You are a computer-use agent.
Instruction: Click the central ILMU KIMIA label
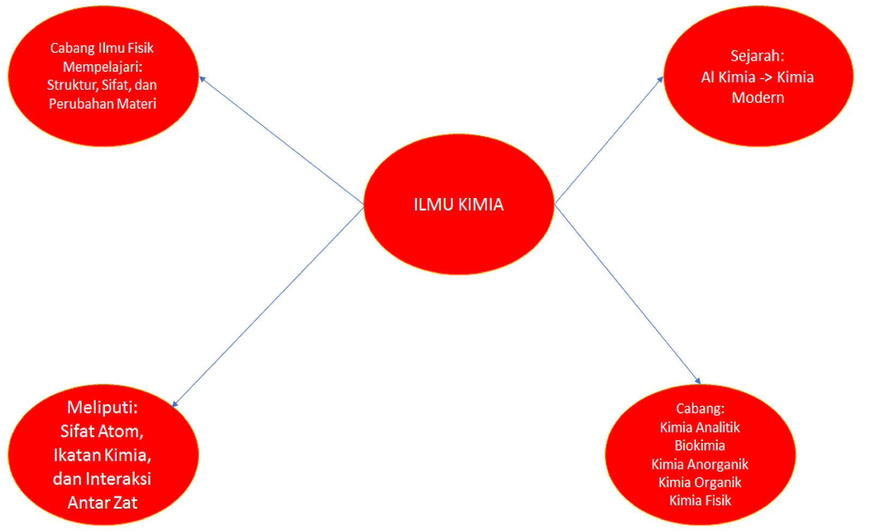click(458, 205)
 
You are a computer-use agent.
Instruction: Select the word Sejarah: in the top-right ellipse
click(757, 56)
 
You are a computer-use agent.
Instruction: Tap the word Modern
click(757, 98)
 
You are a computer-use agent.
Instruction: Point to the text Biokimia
click(699, 446)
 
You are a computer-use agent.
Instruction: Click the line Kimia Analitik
click(699, 428)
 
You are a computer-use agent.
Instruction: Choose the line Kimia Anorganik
click(699, 464)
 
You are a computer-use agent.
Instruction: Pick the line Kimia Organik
click(699, 482)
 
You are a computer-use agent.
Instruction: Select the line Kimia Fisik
click(700, 500)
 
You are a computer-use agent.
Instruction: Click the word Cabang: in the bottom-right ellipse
click(700, 409)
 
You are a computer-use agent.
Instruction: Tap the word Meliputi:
click(102, 407)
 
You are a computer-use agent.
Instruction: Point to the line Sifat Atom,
click(102, 431)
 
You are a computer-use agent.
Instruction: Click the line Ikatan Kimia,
click(102, 455)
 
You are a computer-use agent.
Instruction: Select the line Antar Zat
click(102, 503)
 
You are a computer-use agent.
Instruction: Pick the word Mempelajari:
click(102, 67)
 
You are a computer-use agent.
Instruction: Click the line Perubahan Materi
click(102, 104)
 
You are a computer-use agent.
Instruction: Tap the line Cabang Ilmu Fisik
click(102, 48)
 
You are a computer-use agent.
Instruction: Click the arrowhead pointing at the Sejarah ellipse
click(660, 79)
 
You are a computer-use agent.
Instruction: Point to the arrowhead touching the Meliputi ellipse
click(175, 404)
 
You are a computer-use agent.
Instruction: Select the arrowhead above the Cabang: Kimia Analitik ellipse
click(698, 381)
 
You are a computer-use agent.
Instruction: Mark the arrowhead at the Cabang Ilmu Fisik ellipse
click(202, 79)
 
